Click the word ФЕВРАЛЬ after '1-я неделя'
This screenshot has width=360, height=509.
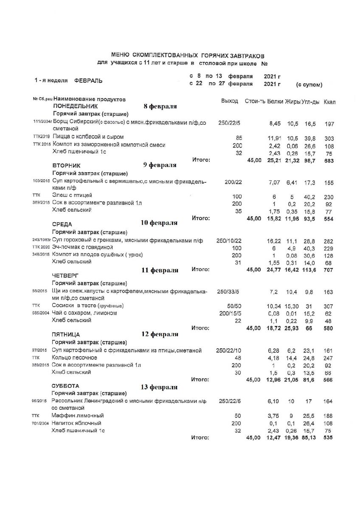(x=88, y=80)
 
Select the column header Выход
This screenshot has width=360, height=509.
(x=230, y=102)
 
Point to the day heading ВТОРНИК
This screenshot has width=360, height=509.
(x=66, y=165)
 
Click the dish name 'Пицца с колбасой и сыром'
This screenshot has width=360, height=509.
(x=88, y=137)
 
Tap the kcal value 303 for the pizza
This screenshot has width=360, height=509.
(x=329, y=139)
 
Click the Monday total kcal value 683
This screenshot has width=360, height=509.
(x=329, y=161)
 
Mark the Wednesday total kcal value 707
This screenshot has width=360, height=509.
(x=329, y=270)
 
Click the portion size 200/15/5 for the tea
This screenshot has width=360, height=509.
(x=229, y=313)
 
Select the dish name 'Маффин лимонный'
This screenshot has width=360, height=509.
(x=78, y=415)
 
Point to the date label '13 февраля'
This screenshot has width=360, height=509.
(x=159, y=387)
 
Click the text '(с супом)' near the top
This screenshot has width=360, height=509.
(x=309, y=84)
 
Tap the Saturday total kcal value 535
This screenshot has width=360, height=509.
(x=327, y=438)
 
